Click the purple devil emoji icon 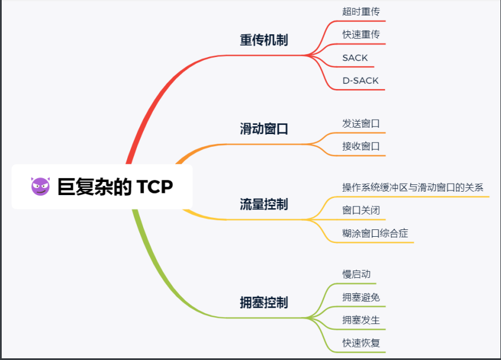40,187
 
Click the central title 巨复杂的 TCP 115,187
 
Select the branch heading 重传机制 264,40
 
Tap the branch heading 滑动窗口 264,128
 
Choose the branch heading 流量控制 264,204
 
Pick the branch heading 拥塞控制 264,302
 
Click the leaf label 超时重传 361,11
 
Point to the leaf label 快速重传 361,34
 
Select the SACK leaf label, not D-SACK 355,58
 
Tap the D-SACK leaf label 360,80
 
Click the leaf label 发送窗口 361,123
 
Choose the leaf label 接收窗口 361,146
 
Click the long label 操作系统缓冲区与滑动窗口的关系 413,187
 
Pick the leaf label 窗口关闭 361,211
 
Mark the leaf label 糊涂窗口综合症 375,233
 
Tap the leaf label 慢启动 356,274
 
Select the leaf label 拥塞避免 361,297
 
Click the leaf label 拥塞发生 361,320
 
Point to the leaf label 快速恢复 361,343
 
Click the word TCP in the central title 155,187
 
